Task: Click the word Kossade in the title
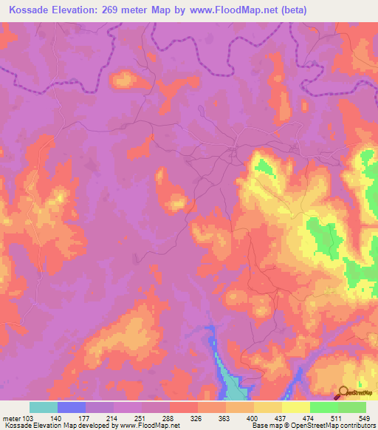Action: click(34, 10)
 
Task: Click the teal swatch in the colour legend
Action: click(44, 407)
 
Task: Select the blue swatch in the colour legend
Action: click(72, 407)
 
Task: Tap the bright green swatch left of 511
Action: click(324, 407)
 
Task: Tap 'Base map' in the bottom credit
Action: click(267, 426)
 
